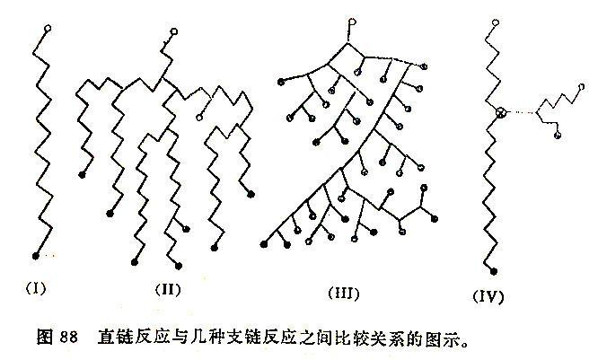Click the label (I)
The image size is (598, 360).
(36, 287)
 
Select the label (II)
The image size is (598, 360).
(168, 289)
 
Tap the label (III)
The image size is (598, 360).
(344, 294)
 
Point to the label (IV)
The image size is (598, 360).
(488, 296)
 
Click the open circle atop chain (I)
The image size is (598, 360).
(48, 28)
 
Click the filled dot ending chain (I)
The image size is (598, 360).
(36, 256)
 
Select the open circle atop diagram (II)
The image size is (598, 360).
(174, 31)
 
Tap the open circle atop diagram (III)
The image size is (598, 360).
(353, 22)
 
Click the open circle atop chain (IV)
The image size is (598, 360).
(496, 22)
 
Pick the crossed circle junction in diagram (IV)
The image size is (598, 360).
(501, 112)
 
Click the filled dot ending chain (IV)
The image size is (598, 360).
(494, 271)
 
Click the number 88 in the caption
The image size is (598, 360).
(68, 337)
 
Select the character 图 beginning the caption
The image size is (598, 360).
(45, 337)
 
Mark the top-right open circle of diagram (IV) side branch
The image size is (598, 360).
(581, 87)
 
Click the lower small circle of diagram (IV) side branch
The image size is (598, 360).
(558, 135)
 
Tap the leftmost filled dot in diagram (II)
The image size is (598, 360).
(82, 175)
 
